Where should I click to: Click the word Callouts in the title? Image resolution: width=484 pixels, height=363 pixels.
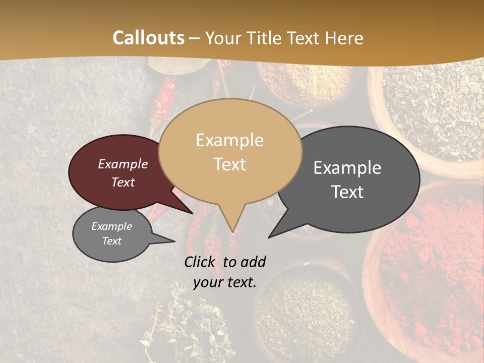(148, 38)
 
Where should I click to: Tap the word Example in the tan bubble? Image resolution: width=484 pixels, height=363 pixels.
(229, 140)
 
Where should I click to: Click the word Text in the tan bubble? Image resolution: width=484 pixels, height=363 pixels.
(230, 164)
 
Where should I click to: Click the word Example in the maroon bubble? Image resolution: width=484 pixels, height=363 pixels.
(123, 164)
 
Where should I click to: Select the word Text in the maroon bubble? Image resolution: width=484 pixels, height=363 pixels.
(123, 182)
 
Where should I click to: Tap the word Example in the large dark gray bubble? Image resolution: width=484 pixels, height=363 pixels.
(347, 168)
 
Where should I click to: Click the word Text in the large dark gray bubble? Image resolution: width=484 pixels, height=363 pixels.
(348, 192)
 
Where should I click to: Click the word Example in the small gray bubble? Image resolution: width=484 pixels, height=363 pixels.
(111, 226)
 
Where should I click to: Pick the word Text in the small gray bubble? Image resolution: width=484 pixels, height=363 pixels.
(111, 241)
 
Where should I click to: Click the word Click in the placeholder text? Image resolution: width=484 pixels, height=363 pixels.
(201, 262)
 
